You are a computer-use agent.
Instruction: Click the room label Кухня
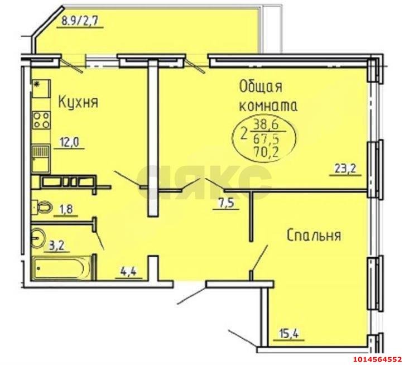click(x=78, y=102)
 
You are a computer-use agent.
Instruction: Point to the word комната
click(x=268, y=106)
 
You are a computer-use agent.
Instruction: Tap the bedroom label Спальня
click(x=314, y=235)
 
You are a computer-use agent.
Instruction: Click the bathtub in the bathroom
click(x=61, y=269)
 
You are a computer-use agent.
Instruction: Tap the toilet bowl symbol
click(x=40, y=206)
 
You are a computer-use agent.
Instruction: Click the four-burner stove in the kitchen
click(x=41, y=121)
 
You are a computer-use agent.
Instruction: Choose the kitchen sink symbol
click(x=40, y=152)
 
